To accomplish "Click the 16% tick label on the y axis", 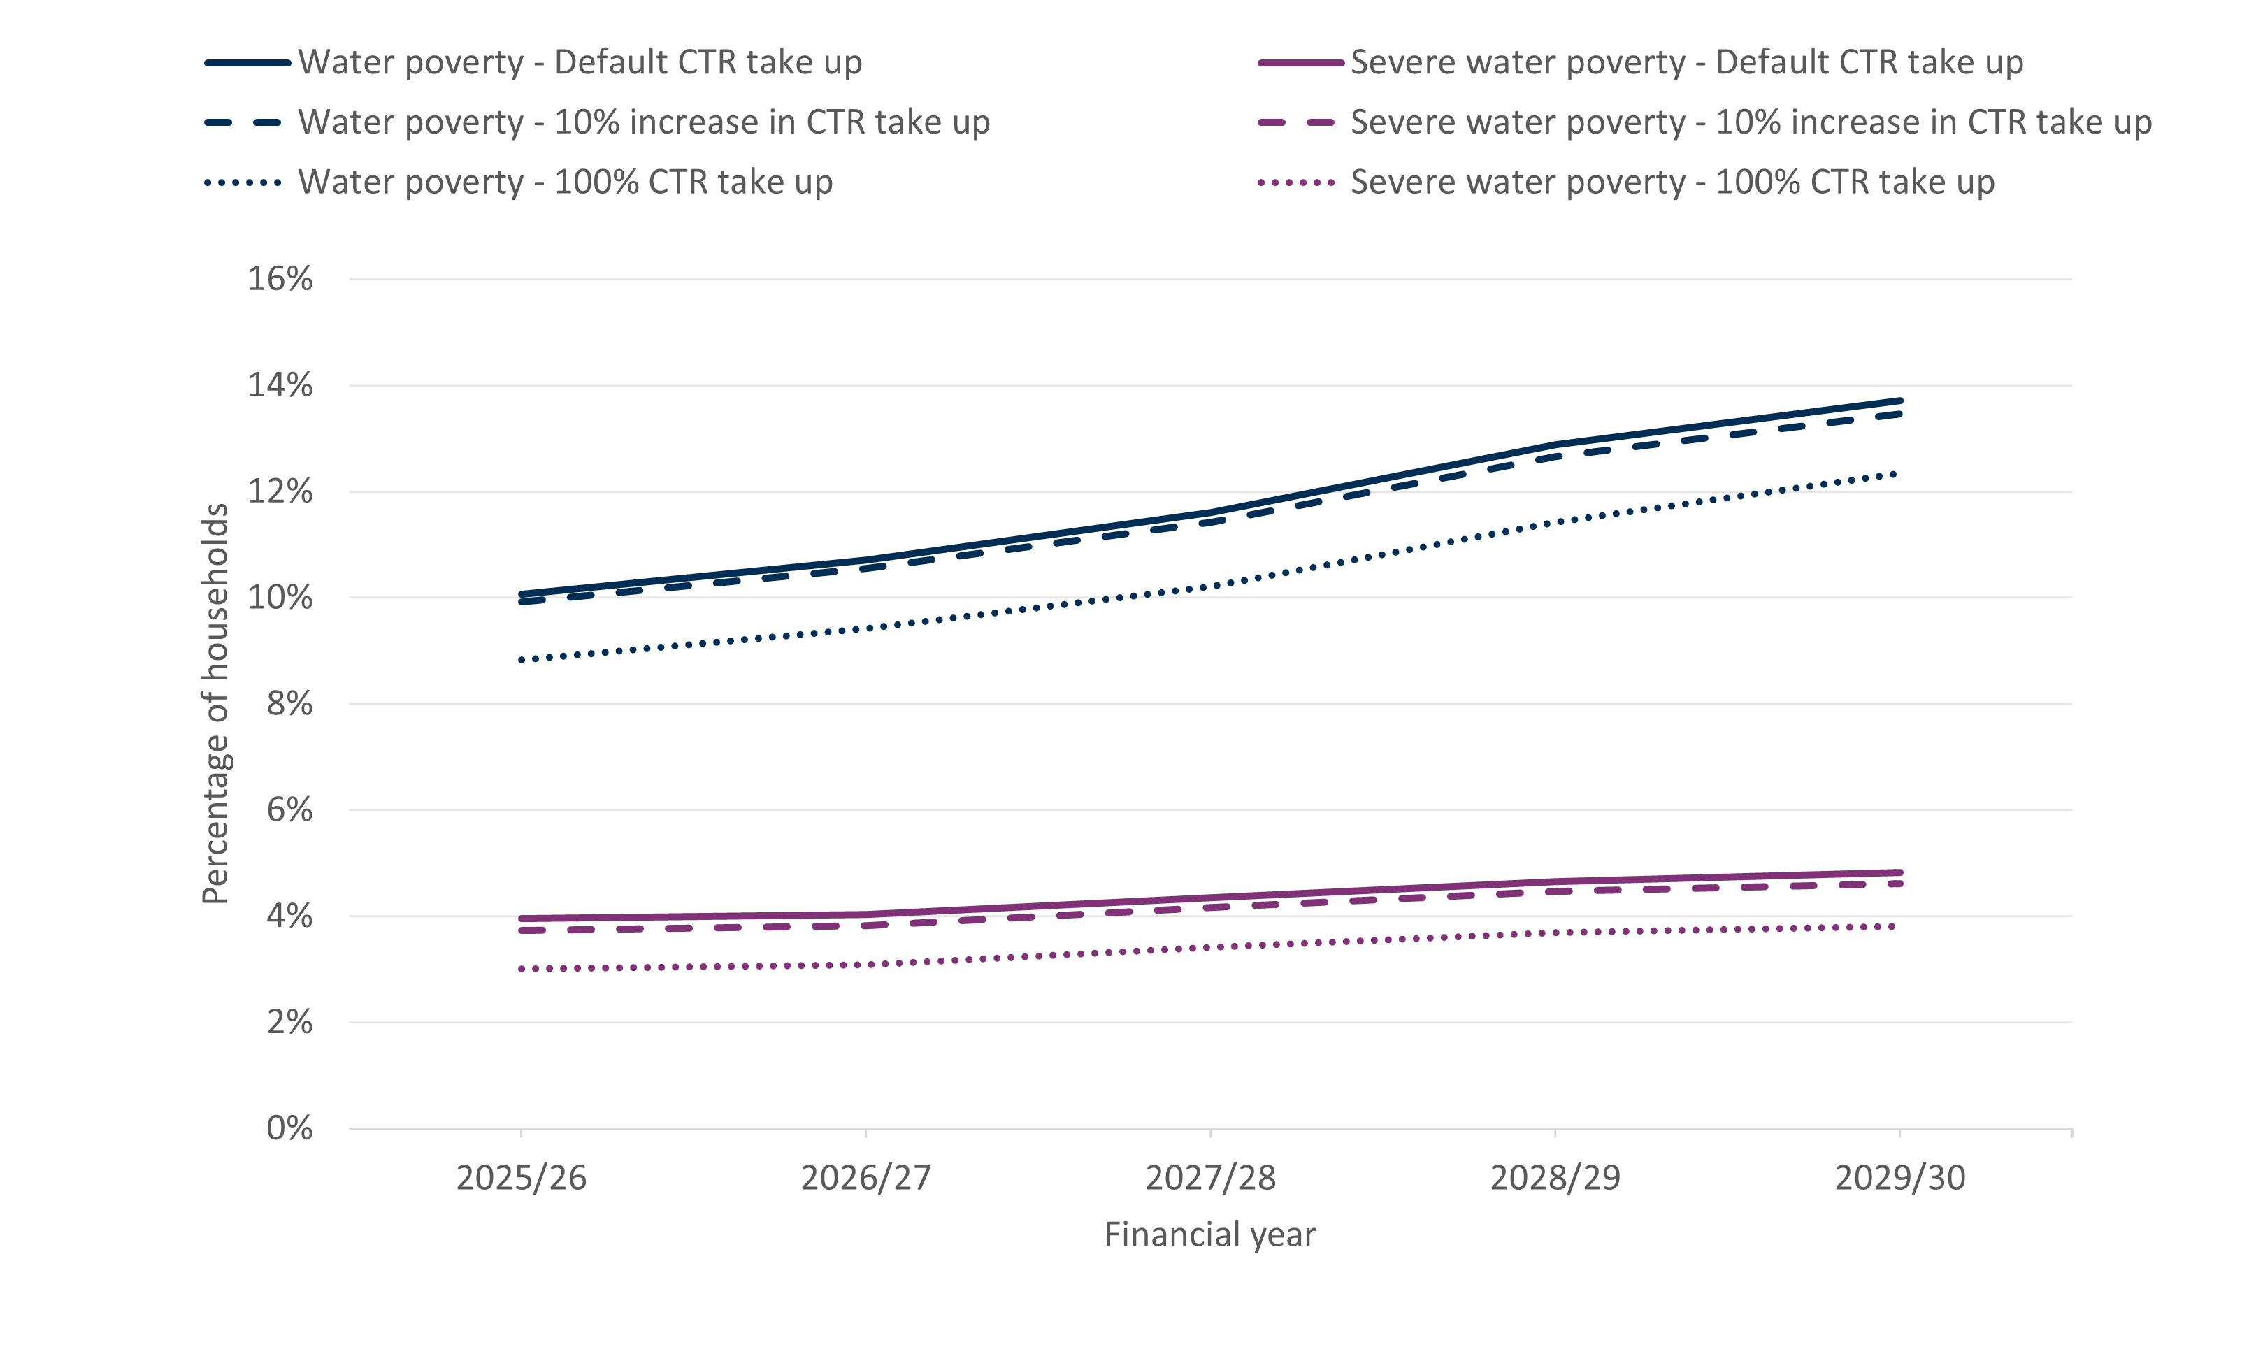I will point(280,279).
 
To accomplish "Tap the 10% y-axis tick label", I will point(280,598).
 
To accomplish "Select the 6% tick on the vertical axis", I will point(289,809).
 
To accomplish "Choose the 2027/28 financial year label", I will point(1210,1178).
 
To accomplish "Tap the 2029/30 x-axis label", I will point(1900,1178).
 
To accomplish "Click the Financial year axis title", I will point(1209,1234).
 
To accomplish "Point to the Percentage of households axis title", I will point(215,703).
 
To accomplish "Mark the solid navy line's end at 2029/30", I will point(1900,401).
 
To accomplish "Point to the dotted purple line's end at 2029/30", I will point(1895,927).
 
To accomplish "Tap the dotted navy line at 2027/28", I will point(1210,586).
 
